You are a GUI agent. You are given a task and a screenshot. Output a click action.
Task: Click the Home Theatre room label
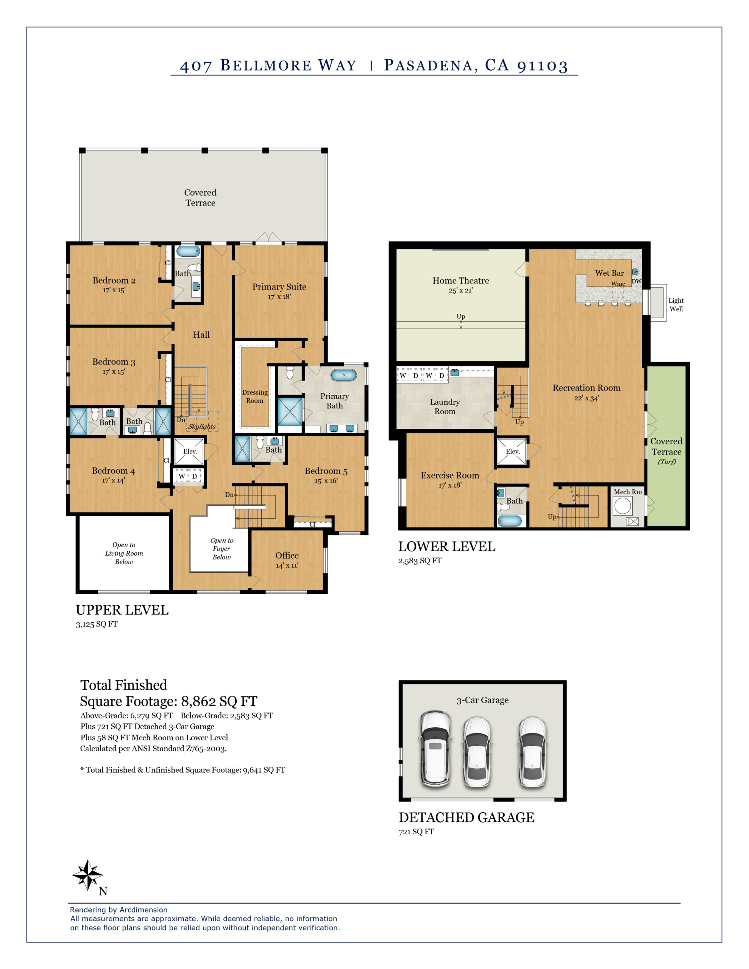tap(460, 280)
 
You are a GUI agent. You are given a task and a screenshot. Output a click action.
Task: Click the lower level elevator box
tap(512, 452)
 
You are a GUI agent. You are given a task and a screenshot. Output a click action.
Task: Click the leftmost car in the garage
tap(435, 749)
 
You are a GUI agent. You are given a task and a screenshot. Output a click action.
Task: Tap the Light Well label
tap(676, 305)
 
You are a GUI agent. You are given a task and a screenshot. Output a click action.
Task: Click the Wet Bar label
tap(609, 273)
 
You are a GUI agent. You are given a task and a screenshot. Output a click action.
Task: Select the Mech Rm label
tap(627, 492)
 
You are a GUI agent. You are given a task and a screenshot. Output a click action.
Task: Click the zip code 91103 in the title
tap(542, 65)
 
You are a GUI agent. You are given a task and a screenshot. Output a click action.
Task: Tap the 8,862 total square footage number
tap(199, 701)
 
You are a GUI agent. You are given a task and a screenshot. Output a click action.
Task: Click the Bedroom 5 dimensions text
tap(326, 480)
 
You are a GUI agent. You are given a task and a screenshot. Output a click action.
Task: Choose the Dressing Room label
tap(254, 396)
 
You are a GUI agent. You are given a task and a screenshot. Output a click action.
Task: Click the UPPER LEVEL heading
tap(122, 610)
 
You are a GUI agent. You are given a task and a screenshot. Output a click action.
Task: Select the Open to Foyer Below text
tap(222, 549)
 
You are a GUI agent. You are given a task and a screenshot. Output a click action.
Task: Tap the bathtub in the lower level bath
tap(509, 520)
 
